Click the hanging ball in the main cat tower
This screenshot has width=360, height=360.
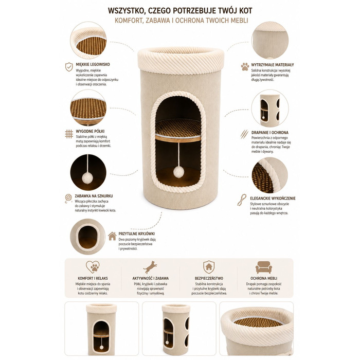pos(178,172)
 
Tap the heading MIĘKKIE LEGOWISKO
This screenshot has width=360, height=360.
pos(93,64)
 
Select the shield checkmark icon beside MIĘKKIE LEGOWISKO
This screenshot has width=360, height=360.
pos(69,67)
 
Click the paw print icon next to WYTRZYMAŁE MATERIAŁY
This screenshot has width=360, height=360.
pos(245,66)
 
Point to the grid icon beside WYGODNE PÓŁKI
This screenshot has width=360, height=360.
pos(69,134)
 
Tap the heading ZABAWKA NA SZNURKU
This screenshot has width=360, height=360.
pos(94,196)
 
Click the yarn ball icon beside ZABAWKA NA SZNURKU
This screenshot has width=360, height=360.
pos(68,199)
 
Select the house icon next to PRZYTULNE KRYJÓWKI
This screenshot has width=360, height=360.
pos(112,236)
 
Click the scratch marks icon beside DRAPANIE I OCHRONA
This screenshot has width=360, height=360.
pos(244,134)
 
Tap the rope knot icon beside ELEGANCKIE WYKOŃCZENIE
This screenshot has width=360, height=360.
pos(242,200)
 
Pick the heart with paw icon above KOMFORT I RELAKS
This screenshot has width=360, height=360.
pos(93,267)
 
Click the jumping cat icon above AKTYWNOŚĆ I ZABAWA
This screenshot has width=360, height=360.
pos(150,267)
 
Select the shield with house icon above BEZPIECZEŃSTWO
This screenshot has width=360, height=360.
pos(209,267)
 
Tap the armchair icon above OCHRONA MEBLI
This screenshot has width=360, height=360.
pos(264,267)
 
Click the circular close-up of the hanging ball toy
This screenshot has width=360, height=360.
pos(88,172)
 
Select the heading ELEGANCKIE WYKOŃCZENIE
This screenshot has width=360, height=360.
pos(273,199)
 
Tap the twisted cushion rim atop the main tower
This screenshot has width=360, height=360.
pos(181,61)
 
